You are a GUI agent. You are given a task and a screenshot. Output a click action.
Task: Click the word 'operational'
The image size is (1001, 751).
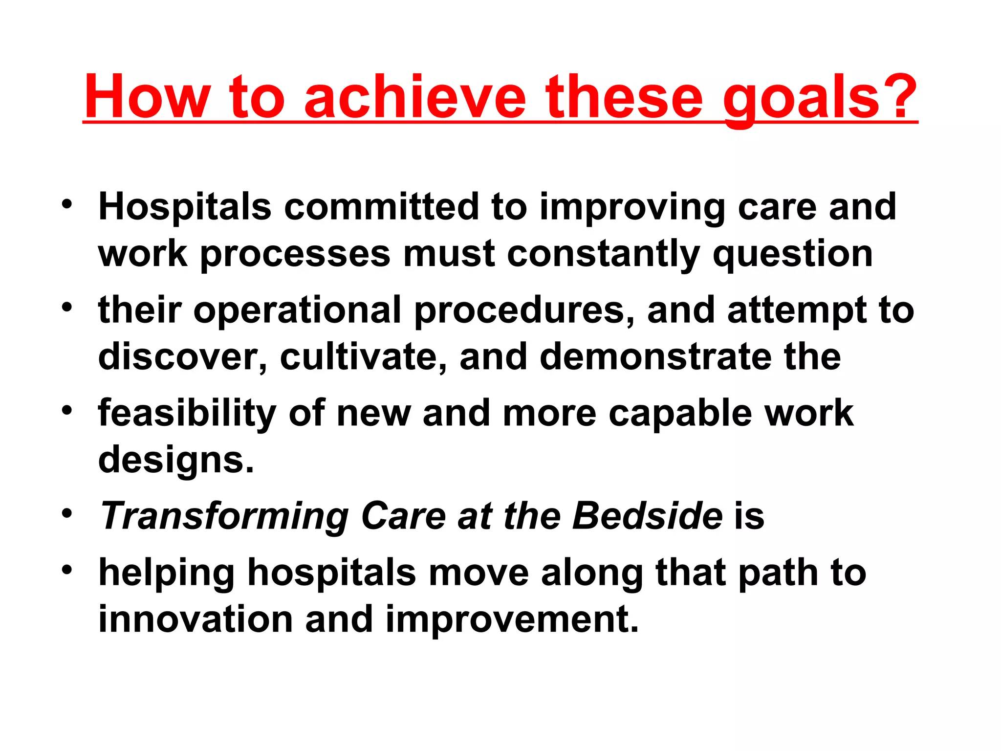click(x=297, y=311)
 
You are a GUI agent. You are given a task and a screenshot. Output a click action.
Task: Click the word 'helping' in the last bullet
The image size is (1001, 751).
click(x=166, y=574)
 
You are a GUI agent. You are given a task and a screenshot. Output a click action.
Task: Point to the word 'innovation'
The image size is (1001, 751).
click(x=196, y=619)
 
